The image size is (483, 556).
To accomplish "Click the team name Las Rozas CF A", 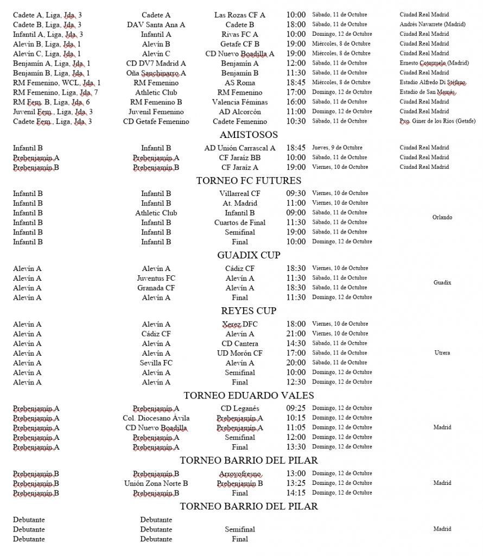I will [240, 15].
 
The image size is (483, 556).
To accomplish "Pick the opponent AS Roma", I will [240, 83].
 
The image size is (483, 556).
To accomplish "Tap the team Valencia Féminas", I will [240, 102].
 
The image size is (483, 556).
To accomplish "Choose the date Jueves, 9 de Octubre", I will [336, 148].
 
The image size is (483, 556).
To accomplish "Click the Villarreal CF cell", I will [240, 193].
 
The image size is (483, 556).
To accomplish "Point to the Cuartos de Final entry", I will [240, 223].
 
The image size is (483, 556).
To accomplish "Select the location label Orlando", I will [442, 218].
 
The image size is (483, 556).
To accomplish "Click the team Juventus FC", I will [156, 278].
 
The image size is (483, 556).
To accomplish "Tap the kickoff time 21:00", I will [296, 334].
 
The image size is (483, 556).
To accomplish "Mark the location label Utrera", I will [442, 353].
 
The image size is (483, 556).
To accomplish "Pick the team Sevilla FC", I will [156, 363].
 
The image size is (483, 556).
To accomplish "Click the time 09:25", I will [296, 408].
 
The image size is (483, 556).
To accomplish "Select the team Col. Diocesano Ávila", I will [156, 418].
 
